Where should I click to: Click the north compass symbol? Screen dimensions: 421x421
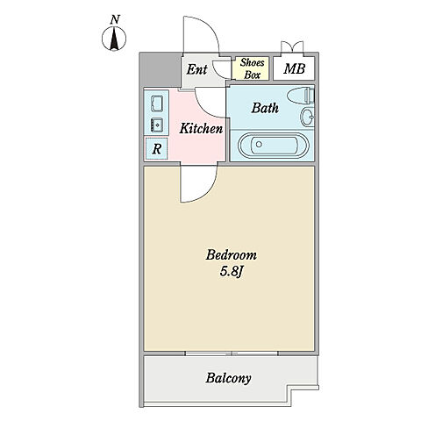pos(114,39)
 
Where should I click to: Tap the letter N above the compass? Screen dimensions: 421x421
pos(115,19)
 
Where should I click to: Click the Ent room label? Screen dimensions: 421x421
pos(196,69)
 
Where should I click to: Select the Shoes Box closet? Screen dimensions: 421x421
pos(250,68)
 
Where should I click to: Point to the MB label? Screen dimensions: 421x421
pos(294,68)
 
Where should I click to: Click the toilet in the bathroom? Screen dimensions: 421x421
pos(301,95)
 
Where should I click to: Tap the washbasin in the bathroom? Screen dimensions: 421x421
pos(308,117)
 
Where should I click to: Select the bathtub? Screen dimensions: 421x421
pos(273,145)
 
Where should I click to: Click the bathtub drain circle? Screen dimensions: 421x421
pos(259,144)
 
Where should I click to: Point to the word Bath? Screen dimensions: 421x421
pos(265,108)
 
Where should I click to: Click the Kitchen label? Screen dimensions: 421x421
pos(201,129)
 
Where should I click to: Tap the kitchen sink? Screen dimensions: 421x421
pos(157,103)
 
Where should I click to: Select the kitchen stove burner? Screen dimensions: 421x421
pos(157,125)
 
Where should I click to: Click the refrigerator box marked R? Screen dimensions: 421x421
pos(157,149)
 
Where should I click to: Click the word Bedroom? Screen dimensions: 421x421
pos(232,255)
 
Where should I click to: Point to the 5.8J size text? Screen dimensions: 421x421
pos(232,272)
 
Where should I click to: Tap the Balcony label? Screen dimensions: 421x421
pos(228,378)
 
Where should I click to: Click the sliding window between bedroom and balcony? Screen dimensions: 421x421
pos(232,353)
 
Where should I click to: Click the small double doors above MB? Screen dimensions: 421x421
pos(292,47)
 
